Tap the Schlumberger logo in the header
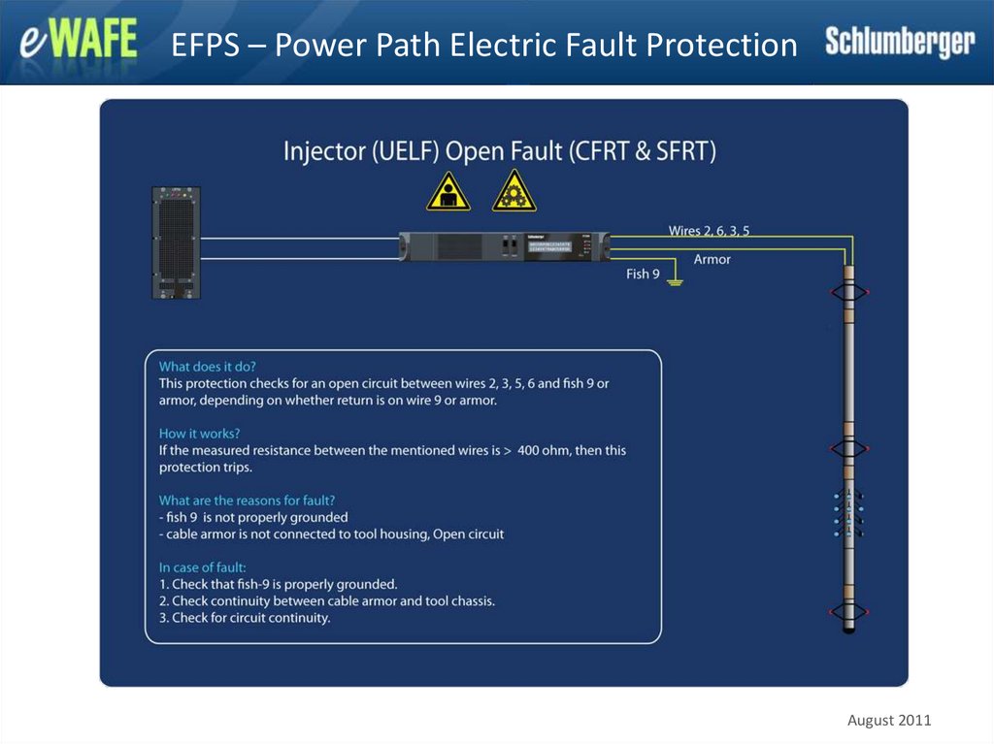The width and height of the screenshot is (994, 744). click(899, 43)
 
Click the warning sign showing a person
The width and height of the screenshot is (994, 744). click(447, 191)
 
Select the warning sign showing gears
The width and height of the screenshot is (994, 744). click(514, 191)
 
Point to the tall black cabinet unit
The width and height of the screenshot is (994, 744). click(176, 243)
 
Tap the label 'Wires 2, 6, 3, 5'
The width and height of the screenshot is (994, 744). click(709, 231)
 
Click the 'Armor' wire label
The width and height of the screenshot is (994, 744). click(712, 259)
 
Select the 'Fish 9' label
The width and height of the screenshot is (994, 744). click(643, 275)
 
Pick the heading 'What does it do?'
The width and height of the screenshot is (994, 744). click(208, 367)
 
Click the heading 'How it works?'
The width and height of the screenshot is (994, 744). click(199, 434)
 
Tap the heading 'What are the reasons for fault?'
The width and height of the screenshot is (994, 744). click(248, 501)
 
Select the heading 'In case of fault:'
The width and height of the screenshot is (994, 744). click(203, 567)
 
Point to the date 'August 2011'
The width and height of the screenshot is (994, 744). click(889, 720)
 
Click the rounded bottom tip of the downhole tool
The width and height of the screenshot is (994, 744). click(848, 631)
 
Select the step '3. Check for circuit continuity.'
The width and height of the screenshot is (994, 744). click(245, 618)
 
